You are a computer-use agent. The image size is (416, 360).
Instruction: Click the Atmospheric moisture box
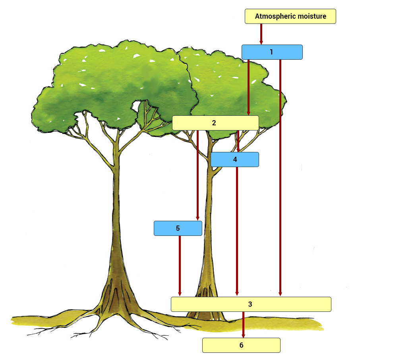click(x=290, y=16)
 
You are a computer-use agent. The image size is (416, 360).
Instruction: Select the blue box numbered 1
click(x=272, y=52)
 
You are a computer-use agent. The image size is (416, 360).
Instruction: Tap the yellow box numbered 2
click(x=215, y=123)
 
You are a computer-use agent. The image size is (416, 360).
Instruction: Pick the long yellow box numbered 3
click(x=251, y=304)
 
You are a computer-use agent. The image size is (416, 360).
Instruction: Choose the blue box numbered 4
click(x=235, y=160)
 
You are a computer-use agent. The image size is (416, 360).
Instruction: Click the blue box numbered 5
click(x=178, y=228)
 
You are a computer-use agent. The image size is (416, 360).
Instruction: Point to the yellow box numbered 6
click(x=241, y=345)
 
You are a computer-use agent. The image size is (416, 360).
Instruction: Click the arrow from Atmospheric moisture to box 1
click(x=261, y=34)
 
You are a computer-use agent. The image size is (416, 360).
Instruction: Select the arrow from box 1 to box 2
click(x=249, y=88)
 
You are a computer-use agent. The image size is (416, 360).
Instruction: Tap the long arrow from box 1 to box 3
click(x=280, y=178)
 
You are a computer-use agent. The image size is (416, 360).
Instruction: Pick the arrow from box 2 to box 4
click(x=238, y=141)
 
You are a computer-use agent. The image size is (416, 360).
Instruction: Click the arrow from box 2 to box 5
click(x=197, y=175)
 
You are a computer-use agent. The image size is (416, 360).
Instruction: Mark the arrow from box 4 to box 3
click(x=237, y=232)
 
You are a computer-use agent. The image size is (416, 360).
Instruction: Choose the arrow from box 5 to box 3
click(x=180, y=266)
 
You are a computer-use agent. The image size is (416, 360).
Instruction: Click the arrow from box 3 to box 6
click(x=243, y=325)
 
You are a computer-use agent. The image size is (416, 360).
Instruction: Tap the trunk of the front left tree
click(x=116, y=226)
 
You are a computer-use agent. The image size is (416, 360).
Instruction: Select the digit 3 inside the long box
click(x=250, y=304)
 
